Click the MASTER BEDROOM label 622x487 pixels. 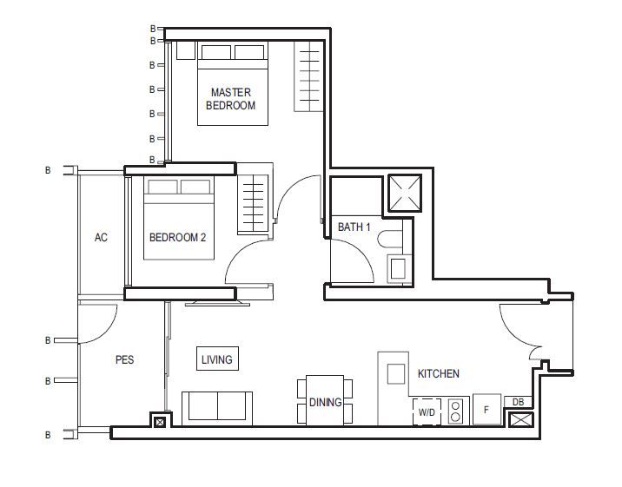[x=231, y=99]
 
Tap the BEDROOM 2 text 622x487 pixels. [x=177, y=237]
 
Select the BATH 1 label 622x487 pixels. [x=354, y=227]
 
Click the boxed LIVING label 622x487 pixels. [x=217, y=359]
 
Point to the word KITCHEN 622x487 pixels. [x=439, y=373]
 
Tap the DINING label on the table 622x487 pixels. [x=325, y=402]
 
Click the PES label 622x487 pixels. [x=124, y=359]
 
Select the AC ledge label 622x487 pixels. [x=101, y=237]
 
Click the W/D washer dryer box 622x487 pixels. [x=427, y=411]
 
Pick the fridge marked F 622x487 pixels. [x=486, y=410]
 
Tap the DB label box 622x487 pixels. [x=518, y=402]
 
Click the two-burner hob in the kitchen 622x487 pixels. [x=456, y=411]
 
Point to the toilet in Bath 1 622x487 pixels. [x=390, y=240]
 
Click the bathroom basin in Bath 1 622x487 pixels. [x=398, y=268]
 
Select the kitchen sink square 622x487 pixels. [x=395, y=373]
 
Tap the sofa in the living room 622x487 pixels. [x=217, y=408]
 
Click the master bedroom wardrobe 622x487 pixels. [x=308, y=76]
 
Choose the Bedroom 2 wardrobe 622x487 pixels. [x=253, y=204]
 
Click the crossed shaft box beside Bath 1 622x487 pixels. [x=405, y=193]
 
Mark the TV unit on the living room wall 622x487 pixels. [x=217, y=304]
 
